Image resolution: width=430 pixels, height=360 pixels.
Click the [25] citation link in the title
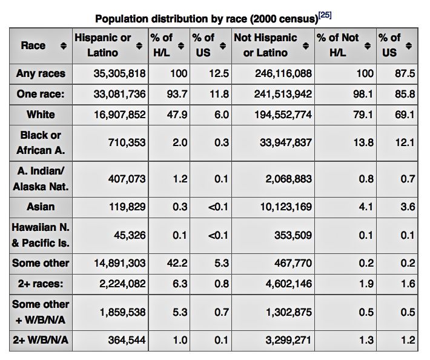coord(325,15)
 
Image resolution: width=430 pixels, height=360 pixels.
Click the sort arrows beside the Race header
coord(64,46)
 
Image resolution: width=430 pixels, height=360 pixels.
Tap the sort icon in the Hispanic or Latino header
coord(139,46)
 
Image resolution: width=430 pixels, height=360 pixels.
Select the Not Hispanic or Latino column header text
coord(265,45)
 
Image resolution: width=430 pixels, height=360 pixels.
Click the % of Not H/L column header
coord(337,45)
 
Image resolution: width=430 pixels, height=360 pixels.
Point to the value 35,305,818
coord(119,73)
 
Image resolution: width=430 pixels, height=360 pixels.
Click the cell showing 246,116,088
coord(283,73)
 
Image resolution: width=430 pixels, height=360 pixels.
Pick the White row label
coord(41,115)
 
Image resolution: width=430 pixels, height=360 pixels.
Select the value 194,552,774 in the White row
coord(283,115)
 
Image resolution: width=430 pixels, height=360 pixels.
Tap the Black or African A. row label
coord(41,142)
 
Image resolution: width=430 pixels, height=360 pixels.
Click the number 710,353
coord(127,142)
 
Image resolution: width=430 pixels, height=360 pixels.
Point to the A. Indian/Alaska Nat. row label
coord(41,179)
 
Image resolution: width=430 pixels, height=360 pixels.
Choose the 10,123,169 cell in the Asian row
coord(286,207)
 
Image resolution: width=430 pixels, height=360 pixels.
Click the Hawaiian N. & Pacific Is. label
coord(41,235)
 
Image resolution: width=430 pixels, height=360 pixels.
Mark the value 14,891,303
coord(119,264)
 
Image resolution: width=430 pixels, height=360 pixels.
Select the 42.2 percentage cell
coord(177,264)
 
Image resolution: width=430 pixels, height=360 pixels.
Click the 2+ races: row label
coord(41,284)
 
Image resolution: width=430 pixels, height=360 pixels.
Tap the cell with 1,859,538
coord(122,312)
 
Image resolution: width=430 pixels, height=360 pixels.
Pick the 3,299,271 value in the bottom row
coord(288,340)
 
